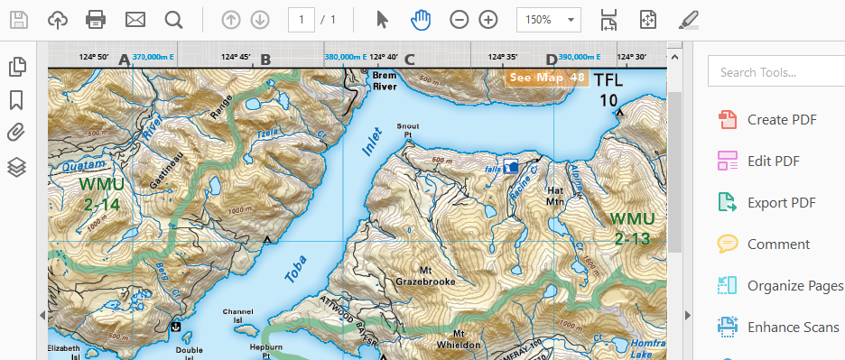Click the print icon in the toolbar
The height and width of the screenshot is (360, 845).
96,19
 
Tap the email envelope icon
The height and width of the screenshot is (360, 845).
135,19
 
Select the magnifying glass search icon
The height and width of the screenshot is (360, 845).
173,19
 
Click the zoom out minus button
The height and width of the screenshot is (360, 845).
460,19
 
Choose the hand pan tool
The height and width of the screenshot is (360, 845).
421,19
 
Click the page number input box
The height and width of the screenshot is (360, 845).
301,19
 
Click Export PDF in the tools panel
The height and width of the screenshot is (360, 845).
781,202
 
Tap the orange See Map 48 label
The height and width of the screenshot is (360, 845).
547,78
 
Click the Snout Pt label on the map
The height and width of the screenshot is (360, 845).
408,131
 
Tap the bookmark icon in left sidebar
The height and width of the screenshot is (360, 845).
16,99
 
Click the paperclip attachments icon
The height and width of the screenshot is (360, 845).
16,133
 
